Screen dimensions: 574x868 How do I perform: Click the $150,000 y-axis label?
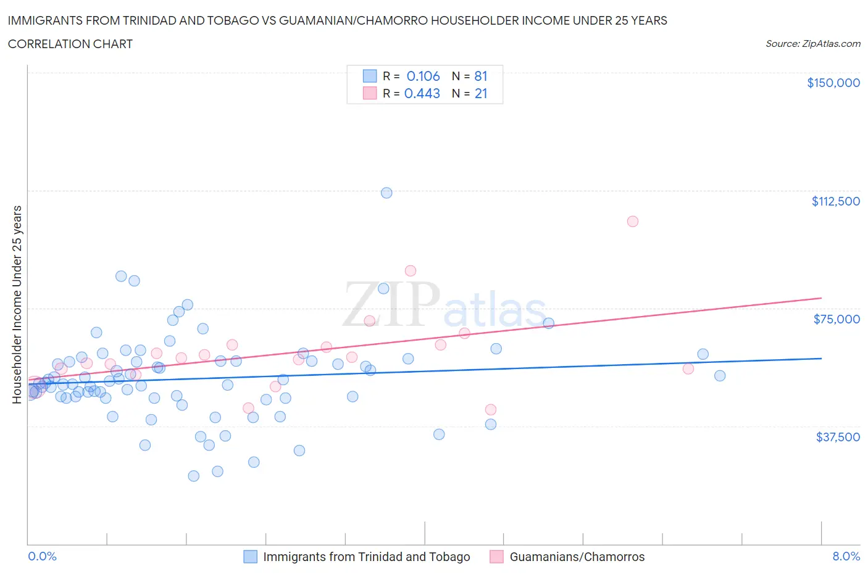click(x=833, y=83)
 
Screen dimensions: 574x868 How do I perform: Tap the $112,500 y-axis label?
click(x=835, y=201)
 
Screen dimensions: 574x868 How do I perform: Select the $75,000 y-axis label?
click(x=837, y=319)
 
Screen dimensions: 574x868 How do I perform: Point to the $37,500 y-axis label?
click(x=837, y=437)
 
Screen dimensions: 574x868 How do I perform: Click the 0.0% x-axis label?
click(x=42, y=556)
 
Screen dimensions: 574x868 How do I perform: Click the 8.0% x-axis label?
click(x=846, y=556)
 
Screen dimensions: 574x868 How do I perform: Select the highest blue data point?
click(x=386, y=193)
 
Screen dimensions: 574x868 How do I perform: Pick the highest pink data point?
click(x=632, y=221)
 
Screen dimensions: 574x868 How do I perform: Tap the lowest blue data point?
click(x=193, y=476)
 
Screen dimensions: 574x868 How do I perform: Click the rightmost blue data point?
click(x=719, y=376)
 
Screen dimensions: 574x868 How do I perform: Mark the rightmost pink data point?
click(x=688, y=369)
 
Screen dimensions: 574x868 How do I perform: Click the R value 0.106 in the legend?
click(x=423, y=76)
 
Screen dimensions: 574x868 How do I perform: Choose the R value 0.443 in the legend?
click(x=422, y=93)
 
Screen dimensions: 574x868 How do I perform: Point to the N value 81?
click(x=481, y=76)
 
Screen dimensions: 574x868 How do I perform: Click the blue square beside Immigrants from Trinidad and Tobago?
click(x=250, y=557)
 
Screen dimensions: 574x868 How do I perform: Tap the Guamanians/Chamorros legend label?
click(x=577, y=557)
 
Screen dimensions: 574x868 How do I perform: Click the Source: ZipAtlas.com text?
click(x=812, y=43)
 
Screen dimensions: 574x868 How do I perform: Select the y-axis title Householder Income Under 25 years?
click(x=17, y=304)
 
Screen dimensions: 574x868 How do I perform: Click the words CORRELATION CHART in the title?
click(x=70, y=44)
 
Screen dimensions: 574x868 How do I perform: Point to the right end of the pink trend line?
click(x=821, y=297)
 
